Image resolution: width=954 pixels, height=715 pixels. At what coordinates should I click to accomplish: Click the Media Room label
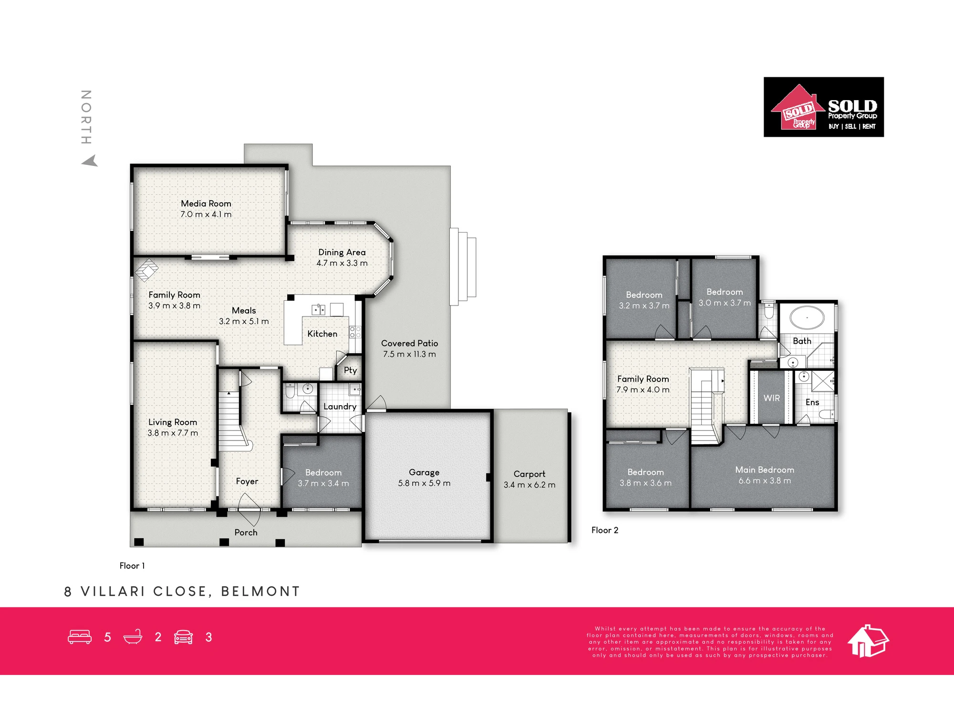(x=206, y=204)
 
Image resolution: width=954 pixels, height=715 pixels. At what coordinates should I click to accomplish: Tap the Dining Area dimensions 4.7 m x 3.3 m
(x=342, y=263)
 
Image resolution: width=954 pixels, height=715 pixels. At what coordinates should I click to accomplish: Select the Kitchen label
(x=322, y=334)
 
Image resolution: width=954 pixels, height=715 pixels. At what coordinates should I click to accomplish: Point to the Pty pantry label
(x=351, y=370)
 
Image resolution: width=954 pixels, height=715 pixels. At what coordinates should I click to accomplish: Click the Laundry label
(x=340, y=407)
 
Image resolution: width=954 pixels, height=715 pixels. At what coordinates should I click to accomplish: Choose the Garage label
(x=424, y=472)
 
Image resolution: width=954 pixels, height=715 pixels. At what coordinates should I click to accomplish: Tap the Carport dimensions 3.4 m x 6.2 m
(x=529, y=485)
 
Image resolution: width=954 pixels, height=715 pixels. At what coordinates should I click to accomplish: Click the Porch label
(x=246, y=532)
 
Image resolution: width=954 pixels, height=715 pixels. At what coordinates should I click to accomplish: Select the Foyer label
(x=247, y=481)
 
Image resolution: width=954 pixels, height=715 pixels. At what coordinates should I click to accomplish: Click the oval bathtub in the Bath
(x=807, y=317)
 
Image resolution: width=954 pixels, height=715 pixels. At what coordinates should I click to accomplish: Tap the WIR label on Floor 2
(x=772, y=398)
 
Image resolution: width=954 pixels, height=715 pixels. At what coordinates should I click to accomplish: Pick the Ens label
(x=812, y=402)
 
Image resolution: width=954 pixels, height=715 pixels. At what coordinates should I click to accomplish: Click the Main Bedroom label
(x=765, y=470)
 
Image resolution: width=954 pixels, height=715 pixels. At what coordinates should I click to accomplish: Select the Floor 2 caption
(x=605, y=530)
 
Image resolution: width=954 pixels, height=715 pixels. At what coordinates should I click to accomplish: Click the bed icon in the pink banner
(x=80, y=637)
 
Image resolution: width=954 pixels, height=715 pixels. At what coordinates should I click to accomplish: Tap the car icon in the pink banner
(x=183, y=637)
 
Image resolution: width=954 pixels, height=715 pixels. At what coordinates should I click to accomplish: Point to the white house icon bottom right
(x=868, y=641)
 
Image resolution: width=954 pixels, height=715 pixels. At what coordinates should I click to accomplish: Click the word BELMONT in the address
(x=260, y=592)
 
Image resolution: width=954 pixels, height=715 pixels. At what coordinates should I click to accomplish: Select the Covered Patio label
(x=409, y=343)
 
